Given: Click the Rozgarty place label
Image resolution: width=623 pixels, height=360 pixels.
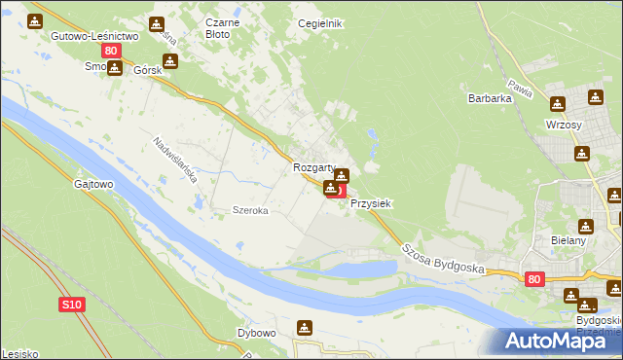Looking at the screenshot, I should (x=313, y=167).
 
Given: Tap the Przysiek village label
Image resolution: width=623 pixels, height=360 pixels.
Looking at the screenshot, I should (x=370, y=204).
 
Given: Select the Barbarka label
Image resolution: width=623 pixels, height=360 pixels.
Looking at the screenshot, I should (x=490, y=98).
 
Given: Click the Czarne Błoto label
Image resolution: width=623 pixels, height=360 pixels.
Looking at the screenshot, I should (x=218, y=27).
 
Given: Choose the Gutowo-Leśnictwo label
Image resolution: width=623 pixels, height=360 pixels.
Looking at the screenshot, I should (x=95, y=35).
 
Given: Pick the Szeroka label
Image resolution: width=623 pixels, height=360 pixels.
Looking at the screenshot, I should (x=249, y=210).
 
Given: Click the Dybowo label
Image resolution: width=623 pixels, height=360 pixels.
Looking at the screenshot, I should (x=257, y=333).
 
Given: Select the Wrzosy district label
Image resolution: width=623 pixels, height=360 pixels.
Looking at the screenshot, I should (x=565, y=127).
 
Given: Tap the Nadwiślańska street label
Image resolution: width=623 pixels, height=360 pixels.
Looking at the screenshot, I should (x=175, y=161).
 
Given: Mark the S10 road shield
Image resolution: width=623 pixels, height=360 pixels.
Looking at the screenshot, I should (x=72, y=305).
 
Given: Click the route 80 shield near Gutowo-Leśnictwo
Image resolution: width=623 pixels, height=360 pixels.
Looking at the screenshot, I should (x=112, y=51).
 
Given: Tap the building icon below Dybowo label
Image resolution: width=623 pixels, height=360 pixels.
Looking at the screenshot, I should (x=305, y=328).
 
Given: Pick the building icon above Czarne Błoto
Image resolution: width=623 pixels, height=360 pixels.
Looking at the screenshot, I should (x=157, y=24).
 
